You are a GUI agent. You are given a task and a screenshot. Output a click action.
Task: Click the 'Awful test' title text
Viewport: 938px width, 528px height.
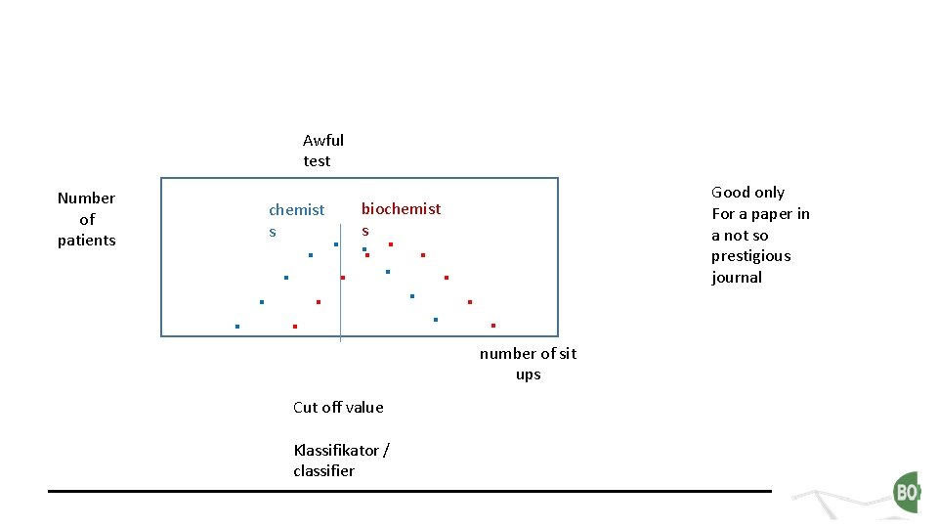coord(322,151)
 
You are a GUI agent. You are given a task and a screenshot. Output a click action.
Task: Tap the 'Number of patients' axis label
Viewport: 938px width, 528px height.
coord(86,219)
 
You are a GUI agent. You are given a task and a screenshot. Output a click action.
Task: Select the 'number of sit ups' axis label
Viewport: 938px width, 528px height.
coord(528,364)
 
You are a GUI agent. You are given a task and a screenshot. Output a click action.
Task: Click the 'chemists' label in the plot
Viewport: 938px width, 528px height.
coord(295,219)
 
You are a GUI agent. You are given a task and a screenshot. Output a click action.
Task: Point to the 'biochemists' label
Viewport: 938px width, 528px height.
coord(401,218)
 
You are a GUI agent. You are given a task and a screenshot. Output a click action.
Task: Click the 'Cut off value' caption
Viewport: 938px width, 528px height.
coord(338,407)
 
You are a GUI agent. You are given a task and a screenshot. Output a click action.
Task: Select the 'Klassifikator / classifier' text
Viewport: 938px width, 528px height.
coord(341,461)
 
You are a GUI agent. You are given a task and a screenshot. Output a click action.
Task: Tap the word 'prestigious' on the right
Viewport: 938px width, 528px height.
coord(751,256)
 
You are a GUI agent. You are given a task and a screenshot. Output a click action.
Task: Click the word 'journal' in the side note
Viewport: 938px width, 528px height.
coord(737,278)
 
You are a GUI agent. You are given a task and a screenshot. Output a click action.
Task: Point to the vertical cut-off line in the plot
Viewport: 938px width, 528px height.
coord(340,293)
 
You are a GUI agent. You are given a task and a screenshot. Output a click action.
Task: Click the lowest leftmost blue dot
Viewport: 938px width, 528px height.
coord(237,326)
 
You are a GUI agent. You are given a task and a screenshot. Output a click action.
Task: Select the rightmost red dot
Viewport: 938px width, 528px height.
coord(493,325)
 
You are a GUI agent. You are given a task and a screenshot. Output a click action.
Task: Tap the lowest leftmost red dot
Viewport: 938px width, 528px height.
coord(294,326)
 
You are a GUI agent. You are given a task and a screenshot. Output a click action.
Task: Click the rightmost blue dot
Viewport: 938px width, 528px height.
coord(436,320)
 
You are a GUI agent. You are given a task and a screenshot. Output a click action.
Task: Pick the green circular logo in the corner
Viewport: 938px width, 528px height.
coord(907,492)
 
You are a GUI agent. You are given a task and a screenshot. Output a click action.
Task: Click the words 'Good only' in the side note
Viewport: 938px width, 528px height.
coord(747,193)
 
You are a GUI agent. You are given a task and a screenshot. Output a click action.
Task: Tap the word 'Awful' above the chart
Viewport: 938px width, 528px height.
coord(323,141)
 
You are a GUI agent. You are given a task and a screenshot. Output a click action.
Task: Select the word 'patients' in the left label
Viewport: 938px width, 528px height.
coord(86,241)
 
